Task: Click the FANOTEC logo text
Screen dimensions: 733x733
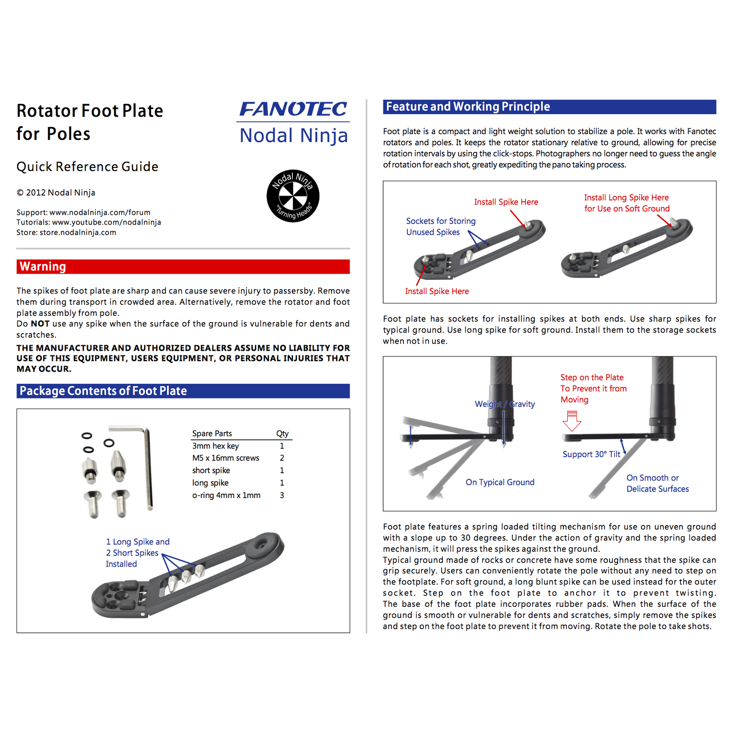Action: (293, 110)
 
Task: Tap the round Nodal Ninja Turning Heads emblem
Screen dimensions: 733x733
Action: (293, 196)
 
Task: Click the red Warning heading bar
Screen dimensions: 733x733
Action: (183, 266)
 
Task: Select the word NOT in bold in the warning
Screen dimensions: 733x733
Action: (40, 324)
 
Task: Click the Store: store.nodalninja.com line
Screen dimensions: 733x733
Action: (66, 233)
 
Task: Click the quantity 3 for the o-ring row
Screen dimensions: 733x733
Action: (282, 495)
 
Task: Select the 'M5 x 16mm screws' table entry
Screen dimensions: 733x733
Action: (225, 458)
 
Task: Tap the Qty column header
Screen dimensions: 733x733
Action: (282, 434)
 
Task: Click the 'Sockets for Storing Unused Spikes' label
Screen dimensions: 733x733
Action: (440, 226)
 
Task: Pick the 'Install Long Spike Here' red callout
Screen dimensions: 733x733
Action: (627, 203)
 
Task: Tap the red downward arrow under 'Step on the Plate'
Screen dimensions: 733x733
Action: (572, 421)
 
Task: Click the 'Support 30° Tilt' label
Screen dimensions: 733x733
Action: (591, 455)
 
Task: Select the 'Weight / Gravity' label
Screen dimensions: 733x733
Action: (504, 404)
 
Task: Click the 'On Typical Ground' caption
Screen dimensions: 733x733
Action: (500, 482)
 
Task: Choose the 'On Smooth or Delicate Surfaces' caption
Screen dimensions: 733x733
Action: (657, 483)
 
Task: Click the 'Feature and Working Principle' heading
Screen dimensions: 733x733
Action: (468, 107)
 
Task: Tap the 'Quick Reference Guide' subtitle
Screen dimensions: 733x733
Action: (87, 167)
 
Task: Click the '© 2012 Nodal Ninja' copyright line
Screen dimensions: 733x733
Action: (56, 193)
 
